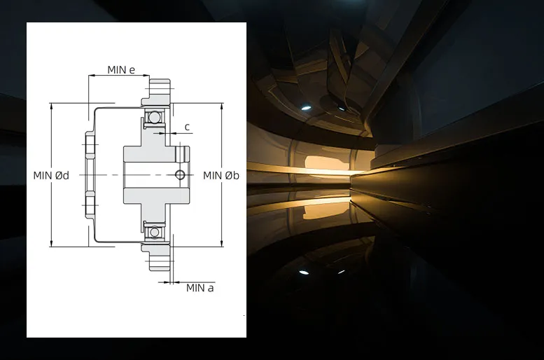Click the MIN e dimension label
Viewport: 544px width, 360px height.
click(121, 70)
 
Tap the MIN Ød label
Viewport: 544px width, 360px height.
click(51, 175)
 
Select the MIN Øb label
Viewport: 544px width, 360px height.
click(221, 175)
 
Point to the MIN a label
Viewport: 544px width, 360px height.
click(200, 288)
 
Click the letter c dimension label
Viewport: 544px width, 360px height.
click(187, 127)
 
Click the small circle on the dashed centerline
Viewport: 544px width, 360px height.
click(180, 174)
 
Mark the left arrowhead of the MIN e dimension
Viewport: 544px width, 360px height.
click(92, 76)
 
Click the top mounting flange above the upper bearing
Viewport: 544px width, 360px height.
click(157, 92)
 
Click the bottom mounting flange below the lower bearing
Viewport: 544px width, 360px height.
click(157, 257)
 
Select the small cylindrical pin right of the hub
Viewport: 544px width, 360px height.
click(182, 154)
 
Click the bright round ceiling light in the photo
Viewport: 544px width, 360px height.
click(305, 108)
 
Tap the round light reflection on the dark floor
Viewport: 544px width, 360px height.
click(304, 272)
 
